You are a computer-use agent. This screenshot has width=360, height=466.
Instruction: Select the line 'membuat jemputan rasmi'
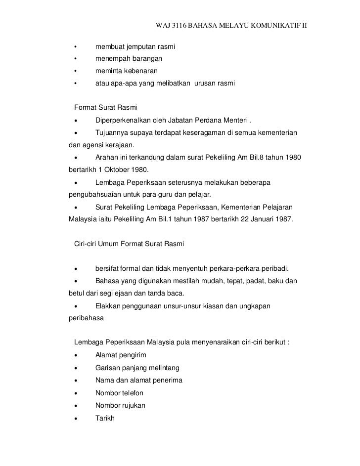click(x=135, y=47)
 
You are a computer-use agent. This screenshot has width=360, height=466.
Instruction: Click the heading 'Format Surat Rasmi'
click(x=105, y=107)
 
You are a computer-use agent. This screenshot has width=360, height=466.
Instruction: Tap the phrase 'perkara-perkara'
click(x=240, y=268)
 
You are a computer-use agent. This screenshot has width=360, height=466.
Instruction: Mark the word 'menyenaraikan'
click(x=207, y=343)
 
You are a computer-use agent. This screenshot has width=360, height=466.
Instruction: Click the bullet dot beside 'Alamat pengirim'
click(x=75, y=356)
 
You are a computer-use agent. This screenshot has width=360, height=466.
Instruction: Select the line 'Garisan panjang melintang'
click(x=137, y=368)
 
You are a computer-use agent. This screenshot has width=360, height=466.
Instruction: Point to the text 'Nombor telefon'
click(x=119, y=393)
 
